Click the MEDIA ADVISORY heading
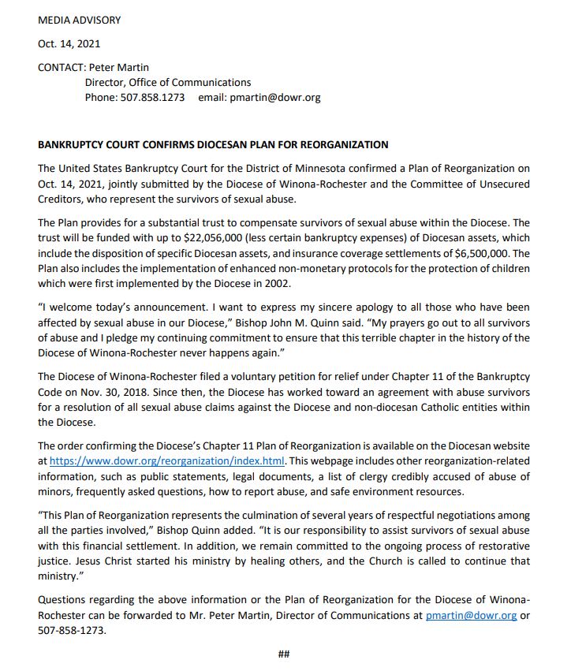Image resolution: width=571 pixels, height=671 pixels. (80, 20)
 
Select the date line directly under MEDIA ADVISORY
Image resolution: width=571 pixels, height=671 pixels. (69, 43)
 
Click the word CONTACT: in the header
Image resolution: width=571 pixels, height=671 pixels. (62, 68)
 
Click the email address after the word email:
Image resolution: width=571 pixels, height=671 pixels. (274, 98)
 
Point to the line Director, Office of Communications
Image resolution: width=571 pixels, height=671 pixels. (168, 83)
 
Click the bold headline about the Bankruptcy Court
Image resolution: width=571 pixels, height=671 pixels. (213, 145)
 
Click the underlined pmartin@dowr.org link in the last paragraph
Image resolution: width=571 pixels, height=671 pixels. (471, 616)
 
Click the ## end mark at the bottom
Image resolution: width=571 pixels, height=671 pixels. (285, 654)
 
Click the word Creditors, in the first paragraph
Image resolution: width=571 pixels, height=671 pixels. (62, 199)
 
